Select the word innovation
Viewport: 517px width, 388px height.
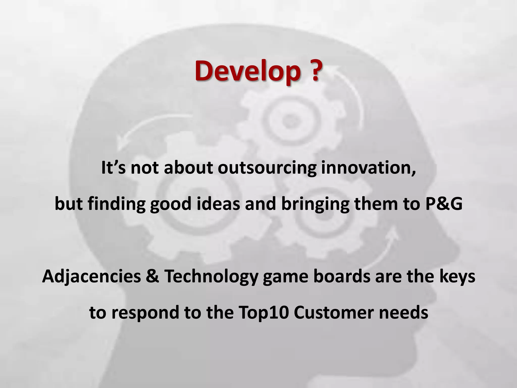pos(368,168)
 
